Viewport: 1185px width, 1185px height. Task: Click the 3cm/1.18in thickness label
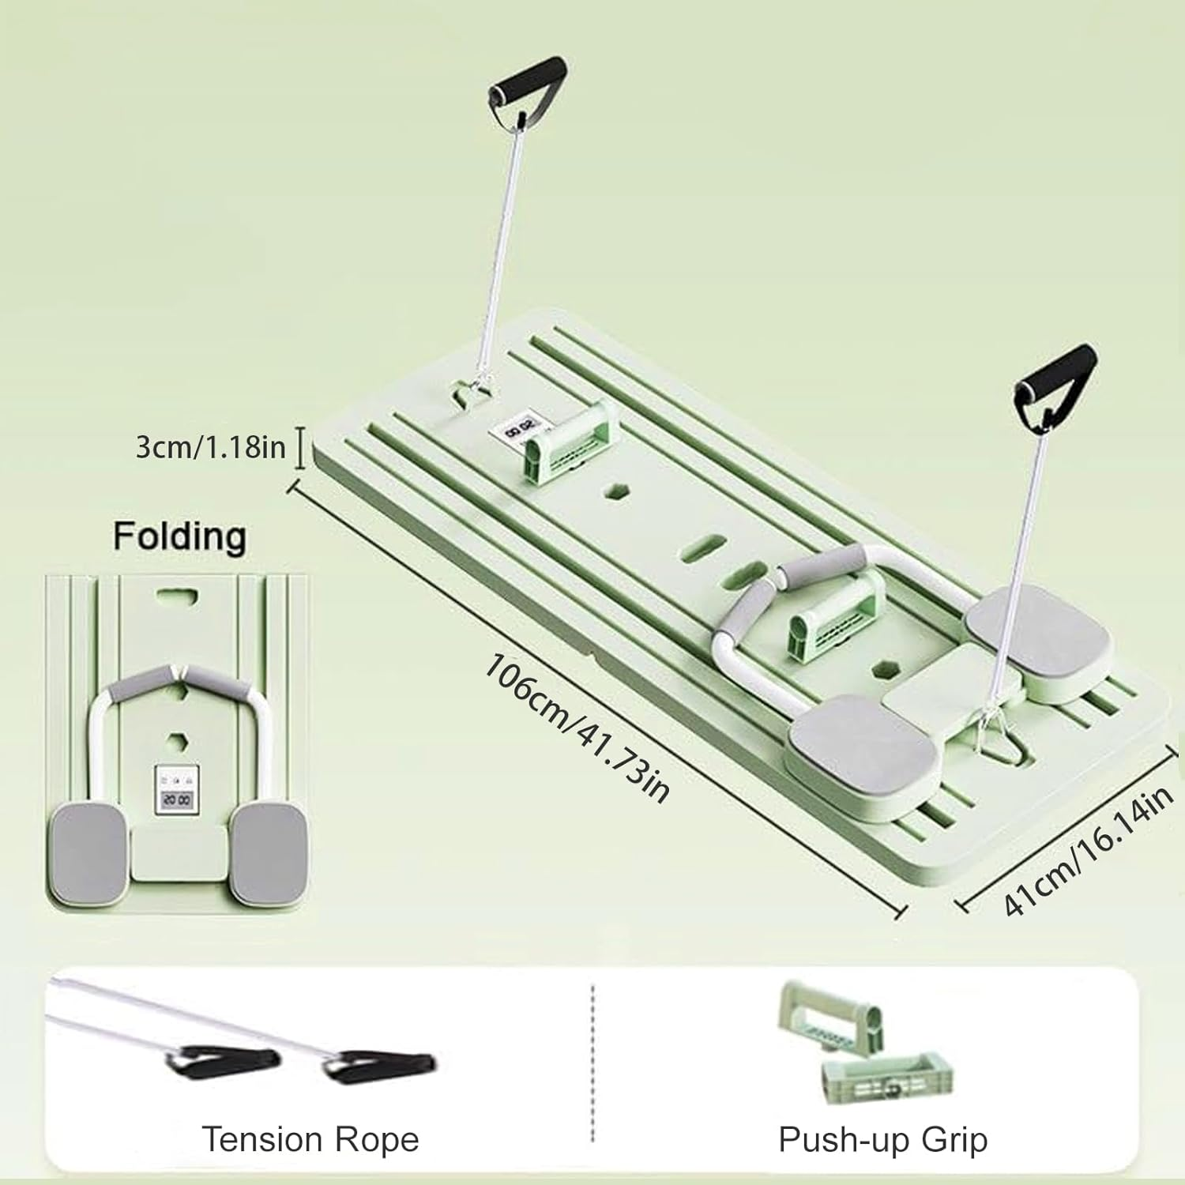pos(210,447)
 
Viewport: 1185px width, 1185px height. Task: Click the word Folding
pos(179,536)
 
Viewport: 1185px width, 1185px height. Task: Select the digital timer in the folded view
pos(175,792)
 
